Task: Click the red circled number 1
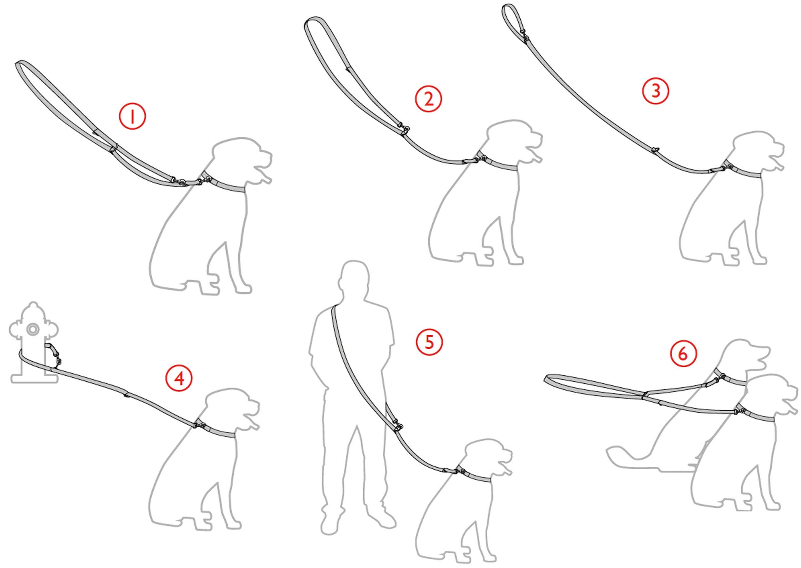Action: (x=132, y=116)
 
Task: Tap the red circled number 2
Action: (x=428, y=99)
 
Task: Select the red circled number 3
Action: (x=656, y=91)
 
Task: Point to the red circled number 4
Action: (x=179, y=378)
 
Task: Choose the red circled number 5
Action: (x=429, y=342)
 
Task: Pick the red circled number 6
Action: (x=683, y=354)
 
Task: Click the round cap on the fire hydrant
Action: (x=33, y=329)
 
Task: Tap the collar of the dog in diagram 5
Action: (x=475, y=474)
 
